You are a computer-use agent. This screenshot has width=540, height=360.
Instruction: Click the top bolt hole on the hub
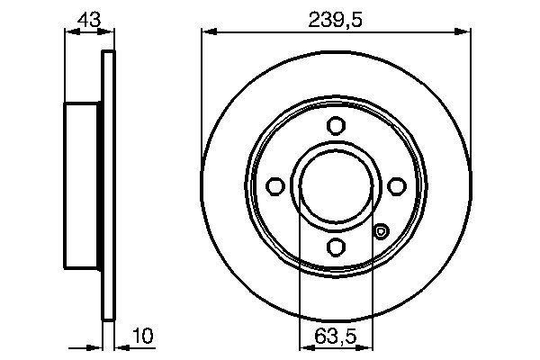(337, 125)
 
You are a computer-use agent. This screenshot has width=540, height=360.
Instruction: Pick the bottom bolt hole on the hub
(337, 246)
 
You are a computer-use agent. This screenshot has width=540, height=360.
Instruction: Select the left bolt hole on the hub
(276, 185)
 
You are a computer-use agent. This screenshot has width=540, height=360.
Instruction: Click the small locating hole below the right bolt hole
(381, 233)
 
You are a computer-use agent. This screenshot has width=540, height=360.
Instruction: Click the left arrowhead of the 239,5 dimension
(208, 32)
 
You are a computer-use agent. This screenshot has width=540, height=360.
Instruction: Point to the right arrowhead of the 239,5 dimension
(465, 32)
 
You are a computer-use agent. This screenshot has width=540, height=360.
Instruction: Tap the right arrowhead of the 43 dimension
(110, 32)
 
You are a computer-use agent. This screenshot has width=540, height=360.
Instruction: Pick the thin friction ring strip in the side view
(110, 185)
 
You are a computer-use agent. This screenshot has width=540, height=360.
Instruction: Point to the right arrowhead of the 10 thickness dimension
(121, 344)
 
